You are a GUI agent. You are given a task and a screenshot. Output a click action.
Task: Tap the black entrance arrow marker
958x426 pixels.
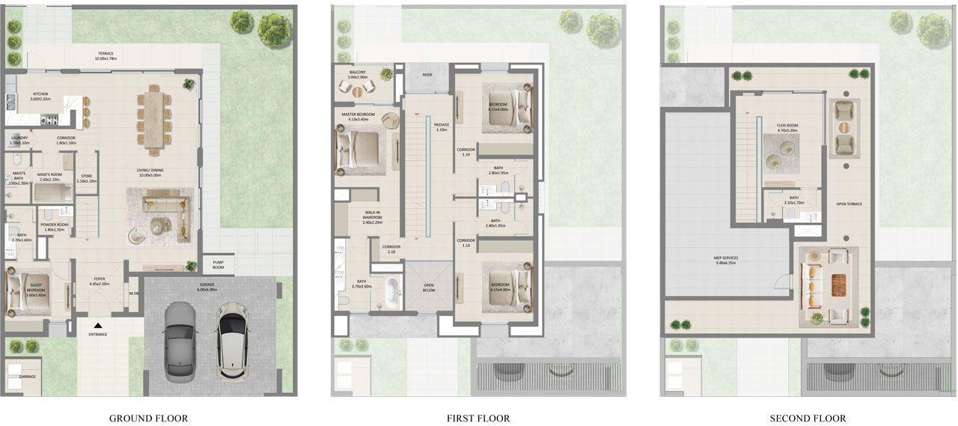pos(97,325)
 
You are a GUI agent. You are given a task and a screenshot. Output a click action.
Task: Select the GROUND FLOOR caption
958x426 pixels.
pos(148,419)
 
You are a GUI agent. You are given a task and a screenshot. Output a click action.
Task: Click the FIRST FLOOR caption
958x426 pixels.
pos(478,419)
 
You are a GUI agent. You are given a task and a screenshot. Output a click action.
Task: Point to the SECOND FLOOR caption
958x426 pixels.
pos(808,419)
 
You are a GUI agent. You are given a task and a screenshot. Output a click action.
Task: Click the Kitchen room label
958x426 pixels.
pos(40,97)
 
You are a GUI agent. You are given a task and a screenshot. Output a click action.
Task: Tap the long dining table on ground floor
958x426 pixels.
pos(153,118)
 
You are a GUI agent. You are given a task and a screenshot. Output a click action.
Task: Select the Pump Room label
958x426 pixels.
pos(218,265)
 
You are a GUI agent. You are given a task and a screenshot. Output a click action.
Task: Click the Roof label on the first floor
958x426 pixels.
pos(427,75)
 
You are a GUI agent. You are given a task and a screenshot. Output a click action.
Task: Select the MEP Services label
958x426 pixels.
pos(726,261)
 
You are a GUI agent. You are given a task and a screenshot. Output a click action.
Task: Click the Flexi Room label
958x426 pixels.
pos(787,127)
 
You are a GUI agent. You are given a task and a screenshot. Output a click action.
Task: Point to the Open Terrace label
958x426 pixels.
pos(851,204)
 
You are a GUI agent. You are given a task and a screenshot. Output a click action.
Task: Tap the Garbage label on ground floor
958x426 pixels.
pos(27,377)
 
